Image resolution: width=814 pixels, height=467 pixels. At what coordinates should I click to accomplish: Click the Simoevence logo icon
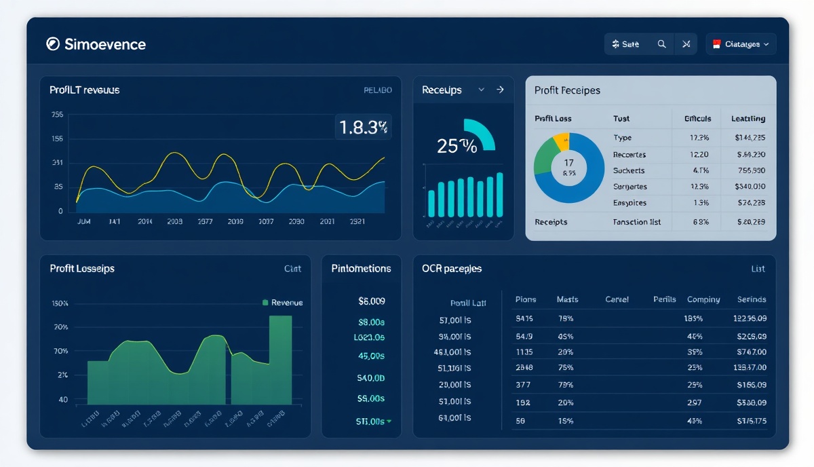pos(53,44)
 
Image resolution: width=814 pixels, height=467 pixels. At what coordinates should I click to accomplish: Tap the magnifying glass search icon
pos(661,44)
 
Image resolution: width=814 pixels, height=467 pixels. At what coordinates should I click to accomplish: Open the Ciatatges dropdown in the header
pos(741,44)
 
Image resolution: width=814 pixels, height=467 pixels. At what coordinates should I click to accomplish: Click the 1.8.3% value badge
pos(363,127)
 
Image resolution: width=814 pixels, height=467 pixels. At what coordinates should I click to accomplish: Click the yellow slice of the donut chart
pos(562,141)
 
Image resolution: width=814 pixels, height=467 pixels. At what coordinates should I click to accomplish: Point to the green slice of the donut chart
pos(545,157)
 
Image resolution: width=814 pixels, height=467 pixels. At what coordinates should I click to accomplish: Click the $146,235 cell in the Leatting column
pos(750,138)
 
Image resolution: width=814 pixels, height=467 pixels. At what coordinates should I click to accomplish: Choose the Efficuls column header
pos(697,119)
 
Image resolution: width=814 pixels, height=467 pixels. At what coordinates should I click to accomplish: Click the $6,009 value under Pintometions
pos(371,301)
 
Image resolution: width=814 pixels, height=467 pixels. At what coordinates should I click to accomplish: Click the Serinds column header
pos(751,299)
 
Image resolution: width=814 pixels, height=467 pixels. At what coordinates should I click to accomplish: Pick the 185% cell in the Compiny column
pos(694,318)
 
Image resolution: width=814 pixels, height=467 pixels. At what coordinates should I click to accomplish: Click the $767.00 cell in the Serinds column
pos(751,352)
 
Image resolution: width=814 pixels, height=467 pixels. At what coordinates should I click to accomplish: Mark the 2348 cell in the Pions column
pos(524,368)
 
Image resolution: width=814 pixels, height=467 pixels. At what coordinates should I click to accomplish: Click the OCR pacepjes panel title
pos(452,269)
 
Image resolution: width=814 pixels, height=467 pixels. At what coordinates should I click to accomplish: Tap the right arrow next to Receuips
pos(500,90)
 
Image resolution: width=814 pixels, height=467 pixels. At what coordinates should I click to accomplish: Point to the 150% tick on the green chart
pos(60,303)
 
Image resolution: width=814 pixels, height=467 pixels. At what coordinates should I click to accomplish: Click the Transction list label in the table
pos(637,222)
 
